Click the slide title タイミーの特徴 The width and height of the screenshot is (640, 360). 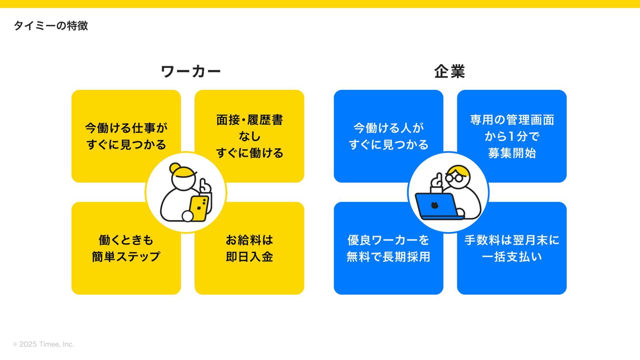(51, 26)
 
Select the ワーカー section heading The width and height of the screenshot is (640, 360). (191, 71)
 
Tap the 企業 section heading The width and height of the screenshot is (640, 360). (449, 71)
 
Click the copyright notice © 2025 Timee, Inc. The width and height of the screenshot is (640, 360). (44, 344)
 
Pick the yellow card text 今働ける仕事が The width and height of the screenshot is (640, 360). (126, 128)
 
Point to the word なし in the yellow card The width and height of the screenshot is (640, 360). (249, 136)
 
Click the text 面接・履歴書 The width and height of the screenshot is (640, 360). (249, 120)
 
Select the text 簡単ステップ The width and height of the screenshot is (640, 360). (126, 257)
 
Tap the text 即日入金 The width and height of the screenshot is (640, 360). (249, 257)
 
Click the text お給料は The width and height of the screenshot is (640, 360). (249, 240)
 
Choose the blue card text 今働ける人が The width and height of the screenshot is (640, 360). (388, 128)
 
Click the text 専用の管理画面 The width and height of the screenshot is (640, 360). (512, 120)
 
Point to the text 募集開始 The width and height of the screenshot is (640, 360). (512, 153)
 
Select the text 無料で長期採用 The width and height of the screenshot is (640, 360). (388, 257)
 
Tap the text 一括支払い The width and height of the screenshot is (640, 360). (512, 257)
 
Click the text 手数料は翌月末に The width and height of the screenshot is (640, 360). (512, 240)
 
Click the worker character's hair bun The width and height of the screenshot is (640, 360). (174, 168)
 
